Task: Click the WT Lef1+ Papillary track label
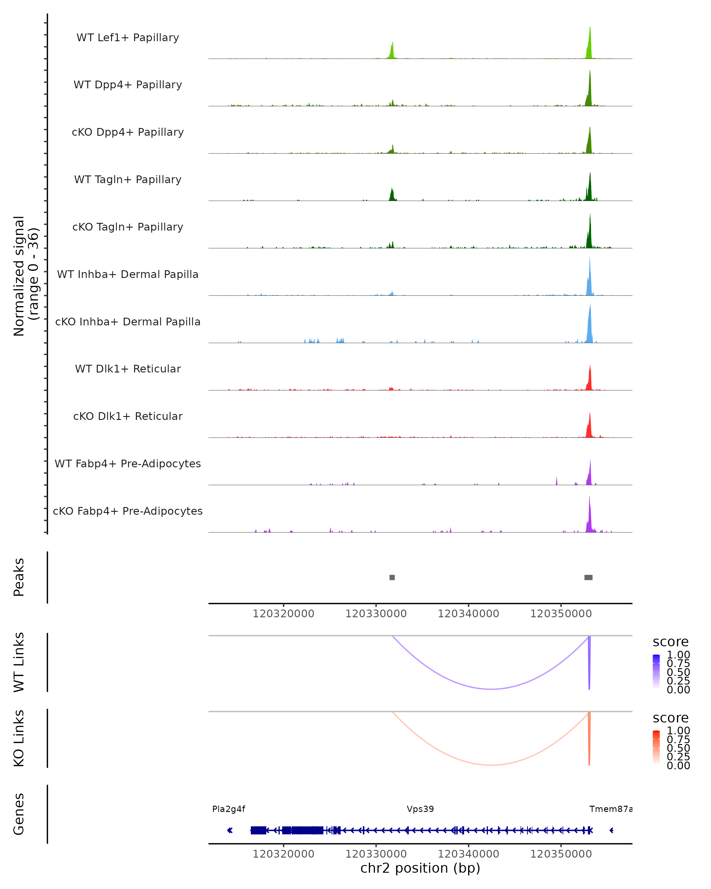coord(128,38)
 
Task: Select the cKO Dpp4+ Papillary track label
coord(128,132)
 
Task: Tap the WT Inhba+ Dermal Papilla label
coord(128,274)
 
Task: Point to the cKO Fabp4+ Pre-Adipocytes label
coord(128,511)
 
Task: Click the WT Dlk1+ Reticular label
coord(128,369)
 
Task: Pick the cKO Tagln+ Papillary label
coord(128,227)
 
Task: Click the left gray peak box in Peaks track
coord(392,577)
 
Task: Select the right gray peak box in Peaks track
coord(588,577)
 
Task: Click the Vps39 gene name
coord(420,809)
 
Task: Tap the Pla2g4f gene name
coord(228,809)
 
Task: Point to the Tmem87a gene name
coord(611,809)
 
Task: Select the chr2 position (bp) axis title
coord(420,868)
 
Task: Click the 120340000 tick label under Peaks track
coord(468,614)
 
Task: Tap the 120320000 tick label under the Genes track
coord(283,854)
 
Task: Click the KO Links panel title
coord(19,738)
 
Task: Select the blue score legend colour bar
coord(656,672)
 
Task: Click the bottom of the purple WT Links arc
coord(491,689)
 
